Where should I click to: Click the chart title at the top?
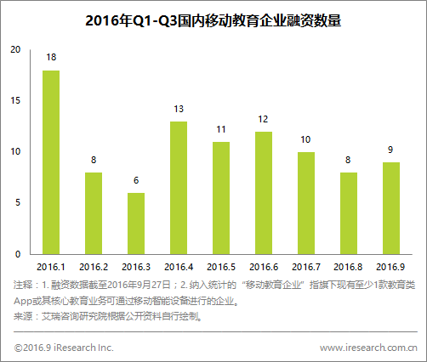point(213,21)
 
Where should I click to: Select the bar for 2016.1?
point(51,161)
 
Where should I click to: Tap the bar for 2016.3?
point(136,223)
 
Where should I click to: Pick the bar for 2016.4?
point(179,187)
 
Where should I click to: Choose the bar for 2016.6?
point(264,192)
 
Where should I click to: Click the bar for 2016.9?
point(391,207)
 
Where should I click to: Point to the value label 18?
point(51,58)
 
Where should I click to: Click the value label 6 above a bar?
point(136,181)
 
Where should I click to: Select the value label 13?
point(179,109)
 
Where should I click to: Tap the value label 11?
point(221,129)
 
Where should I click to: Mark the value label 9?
point(391,150)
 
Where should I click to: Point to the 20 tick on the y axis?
point(14,49)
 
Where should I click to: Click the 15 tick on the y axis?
point(14,101)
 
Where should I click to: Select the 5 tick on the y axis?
point(17,203)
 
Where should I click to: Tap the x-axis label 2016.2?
point(94,267)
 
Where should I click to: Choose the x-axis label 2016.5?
point(221,267)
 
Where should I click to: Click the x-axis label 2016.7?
point(306,267)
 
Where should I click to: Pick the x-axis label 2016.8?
point(349,267)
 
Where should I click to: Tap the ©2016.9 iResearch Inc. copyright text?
point(64,348)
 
